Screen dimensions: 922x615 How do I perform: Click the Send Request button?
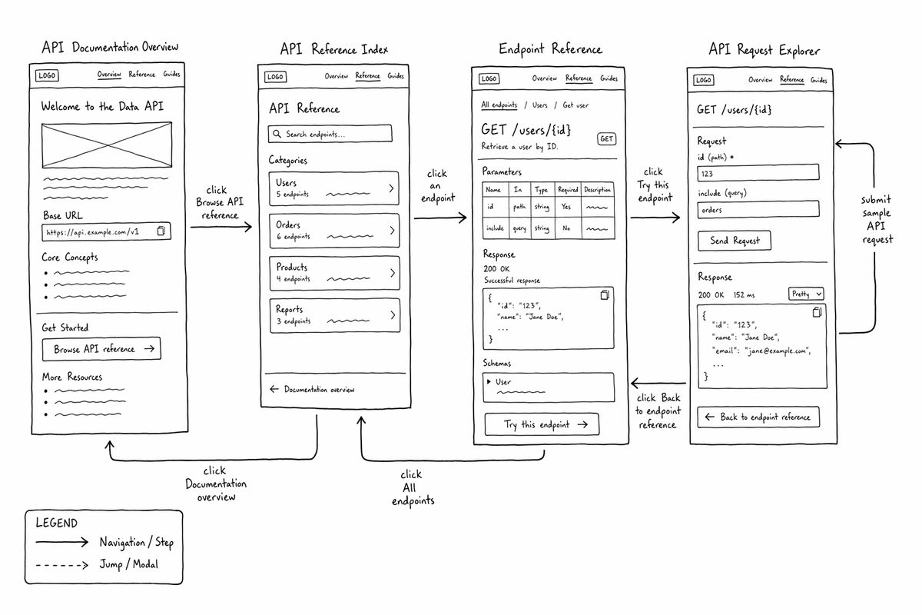pos(735,241)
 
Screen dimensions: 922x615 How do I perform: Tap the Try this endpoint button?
pos(542,424)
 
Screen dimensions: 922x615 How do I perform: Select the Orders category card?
pos(334,231)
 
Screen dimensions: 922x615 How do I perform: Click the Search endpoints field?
pos(330,134)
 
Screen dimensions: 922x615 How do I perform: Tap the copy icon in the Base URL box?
pos(161,231)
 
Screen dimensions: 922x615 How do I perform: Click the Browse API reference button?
pos(101,349)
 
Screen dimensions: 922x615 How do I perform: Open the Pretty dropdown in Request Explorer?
pos(806,294)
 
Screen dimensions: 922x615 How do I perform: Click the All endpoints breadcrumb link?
pos(499,105)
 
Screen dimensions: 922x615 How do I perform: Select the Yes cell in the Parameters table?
pos(566,207)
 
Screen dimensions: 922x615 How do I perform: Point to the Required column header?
pos(568,189)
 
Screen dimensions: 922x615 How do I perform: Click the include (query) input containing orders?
pos(758,210)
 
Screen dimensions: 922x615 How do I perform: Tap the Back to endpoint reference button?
pos(758,417)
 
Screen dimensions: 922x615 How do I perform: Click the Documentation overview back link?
pos(312,389)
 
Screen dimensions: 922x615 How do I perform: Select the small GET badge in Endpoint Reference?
pos(607,139)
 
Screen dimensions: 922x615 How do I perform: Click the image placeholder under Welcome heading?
pos(107,145)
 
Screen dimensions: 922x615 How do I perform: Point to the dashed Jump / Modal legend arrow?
pos(61,565)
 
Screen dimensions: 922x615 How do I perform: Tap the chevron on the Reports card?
pos(393,315)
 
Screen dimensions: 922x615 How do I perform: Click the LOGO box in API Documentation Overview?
pos(47,75)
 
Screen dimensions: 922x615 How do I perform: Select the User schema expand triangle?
pos(489,382)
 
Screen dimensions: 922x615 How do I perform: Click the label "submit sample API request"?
pos(877,220)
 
